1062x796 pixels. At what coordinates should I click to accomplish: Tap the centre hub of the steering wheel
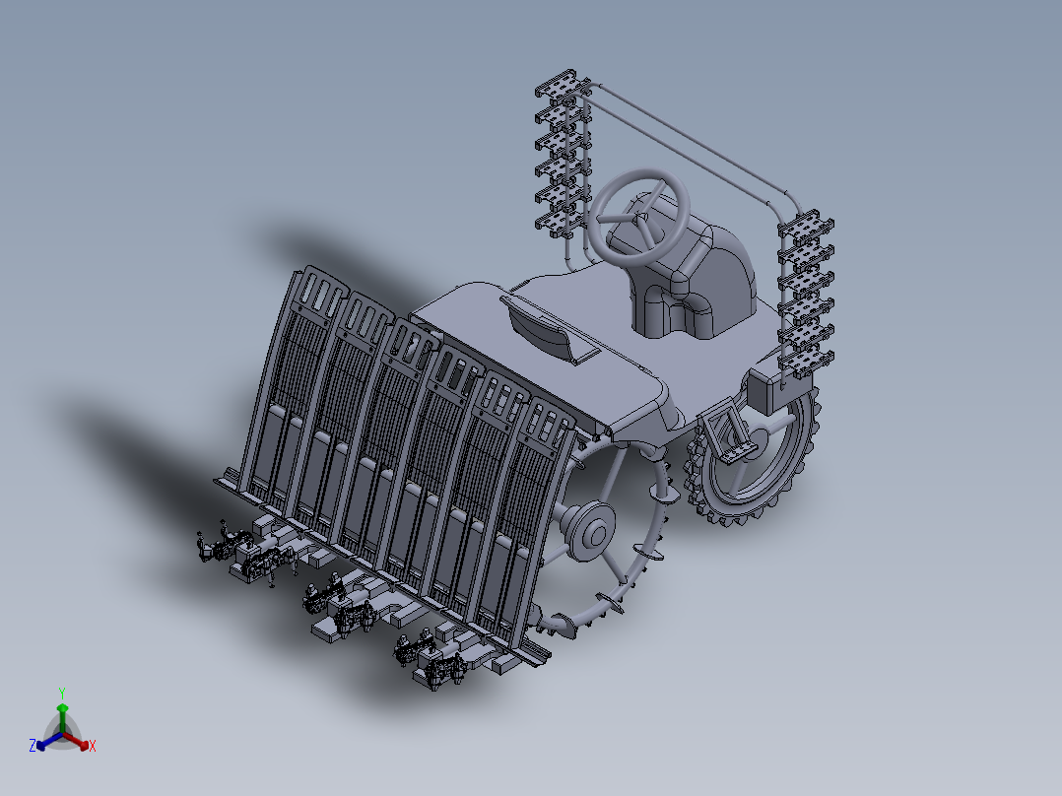pos(639,218)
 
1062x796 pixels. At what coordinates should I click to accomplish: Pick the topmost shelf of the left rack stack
pos(563,84)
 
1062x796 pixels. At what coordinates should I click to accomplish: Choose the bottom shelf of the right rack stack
pos(806,363)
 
